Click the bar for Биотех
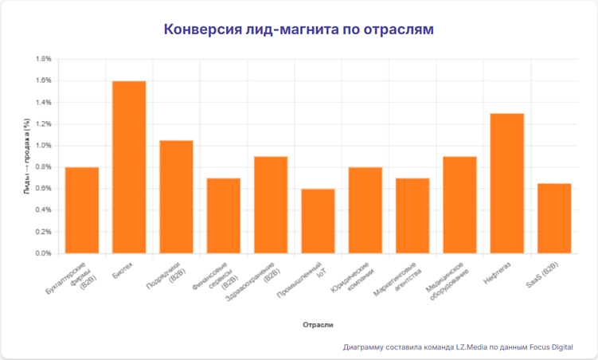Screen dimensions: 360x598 (129, 167)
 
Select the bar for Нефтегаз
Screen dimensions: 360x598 (506, 183)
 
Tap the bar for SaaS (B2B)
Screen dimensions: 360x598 (553, 218)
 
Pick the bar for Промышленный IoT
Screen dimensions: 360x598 (318, 221)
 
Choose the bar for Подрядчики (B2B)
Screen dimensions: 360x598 (176, 197)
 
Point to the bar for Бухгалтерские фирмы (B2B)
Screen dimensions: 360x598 (81, 210)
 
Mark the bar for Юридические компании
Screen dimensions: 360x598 (365, 210)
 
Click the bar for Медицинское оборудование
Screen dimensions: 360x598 (459, 205)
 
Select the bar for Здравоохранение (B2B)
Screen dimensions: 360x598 (271, 205)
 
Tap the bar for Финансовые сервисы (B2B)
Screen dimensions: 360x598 (223, 216)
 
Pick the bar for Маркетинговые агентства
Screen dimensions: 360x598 (412, 216)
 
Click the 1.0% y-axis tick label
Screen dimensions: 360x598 (42, 146)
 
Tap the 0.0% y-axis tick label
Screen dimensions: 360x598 (42, 253)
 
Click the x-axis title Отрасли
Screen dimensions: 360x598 (318, 325)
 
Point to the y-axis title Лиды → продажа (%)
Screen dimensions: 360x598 (26, 156)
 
